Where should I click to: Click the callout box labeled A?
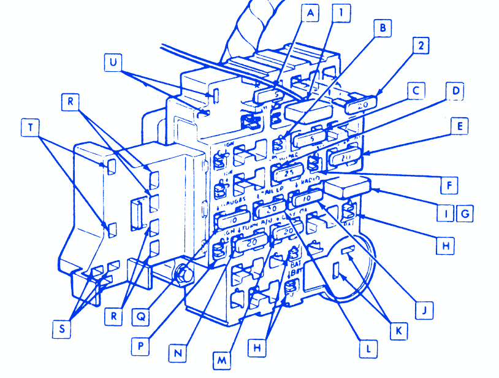(x=310, y=13)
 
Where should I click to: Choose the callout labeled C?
(x=415, y=91)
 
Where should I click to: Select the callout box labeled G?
(x=464, y=214)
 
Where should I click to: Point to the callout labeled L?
(x=367, y=349)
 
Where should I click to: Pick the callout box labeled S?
(x=61, y=329)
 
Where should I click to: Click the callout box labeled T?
(x=29, y=128)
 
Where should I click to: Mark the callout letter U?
(x=112, y=62)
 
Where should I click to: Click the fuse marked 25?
(x=287, y=175)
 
